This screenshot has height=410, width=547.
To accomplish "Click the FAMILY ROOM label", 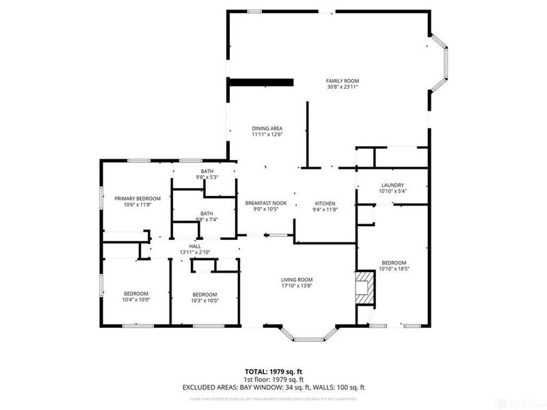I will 343,81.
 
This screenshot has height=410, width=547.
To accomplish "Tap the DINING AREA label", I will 267,128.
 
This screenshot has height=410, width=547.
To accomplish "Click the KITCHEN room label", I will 324,204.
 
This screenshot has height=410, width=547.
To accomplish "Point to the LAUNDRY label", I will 392,184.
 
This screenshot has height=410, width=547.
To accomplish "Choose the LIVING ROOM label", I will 297,279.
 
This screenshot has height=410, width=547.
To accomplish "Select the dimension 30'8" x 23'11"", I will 343,87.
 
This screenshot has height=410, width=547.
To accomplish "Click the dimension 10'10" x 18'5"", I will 394,269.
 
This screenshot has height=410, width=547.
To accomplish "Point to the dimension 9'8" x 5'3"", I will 206,177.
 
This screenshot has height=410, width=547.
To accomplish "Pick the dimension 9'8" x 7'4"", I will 206,219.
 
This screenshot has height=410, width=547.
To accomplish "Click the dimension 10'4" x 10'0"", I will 136,299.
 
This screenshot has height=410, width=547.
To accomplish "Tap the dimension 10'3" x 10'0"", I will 204,300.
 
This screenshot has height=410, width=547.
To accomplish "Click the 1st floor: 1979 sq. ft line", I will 273,379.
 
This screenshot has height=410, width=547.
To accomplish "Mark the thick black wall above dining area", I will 261,82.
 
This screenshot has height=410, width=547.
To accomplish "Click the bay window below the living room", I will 310,334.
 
